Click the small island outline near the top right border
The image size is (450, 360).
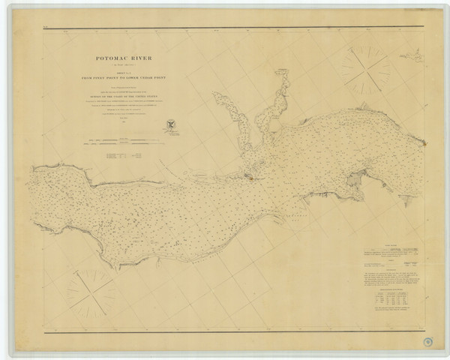pos(410,53)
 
